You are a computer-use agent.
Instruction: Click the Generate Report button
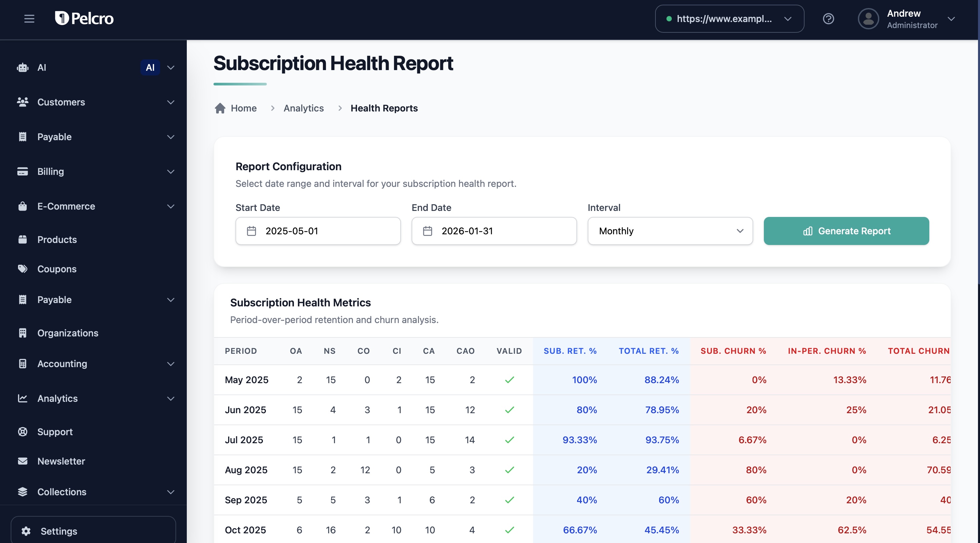pos(846,231)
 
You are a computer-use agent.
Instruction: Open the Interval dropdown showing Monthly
pos(669,231)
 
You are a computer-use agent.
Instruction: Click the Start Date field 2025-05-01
pos(318,231)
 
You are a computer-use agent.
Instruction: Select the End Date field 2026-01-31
pos(494,231)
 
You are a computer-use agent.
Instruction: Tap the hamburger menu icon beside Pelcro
pos(29,19)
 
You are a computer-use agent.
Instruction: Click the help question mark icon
pos(828,19)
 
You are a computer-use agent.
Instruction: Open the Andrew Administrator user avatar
pos(868,19)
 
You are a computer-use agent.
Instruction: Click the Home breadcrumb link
pos(243,108)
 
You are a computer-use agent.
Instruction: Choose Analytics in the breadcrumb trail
pos(303,108)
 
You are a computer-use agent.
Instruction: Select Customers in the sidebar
pos(61,102)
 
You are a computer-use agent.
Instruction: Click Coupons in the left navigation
pos(57,269)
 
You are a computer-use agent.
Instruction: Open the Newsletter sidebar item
pos(61,461)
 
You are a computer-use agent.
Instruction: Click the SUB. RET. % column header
pos(570,351)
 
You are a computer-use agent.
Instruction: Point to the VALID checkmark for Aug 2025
pos(509,470)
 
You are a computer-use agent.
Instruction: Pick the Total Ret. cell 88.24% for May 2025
pos(661,380)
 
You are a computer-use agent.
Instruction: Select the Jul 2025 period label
pos(244,440)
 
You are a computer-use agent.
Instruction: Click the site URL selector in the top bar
pos(729,19)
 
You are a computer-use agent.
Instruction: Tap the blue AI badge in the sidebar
pos(150,68)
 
